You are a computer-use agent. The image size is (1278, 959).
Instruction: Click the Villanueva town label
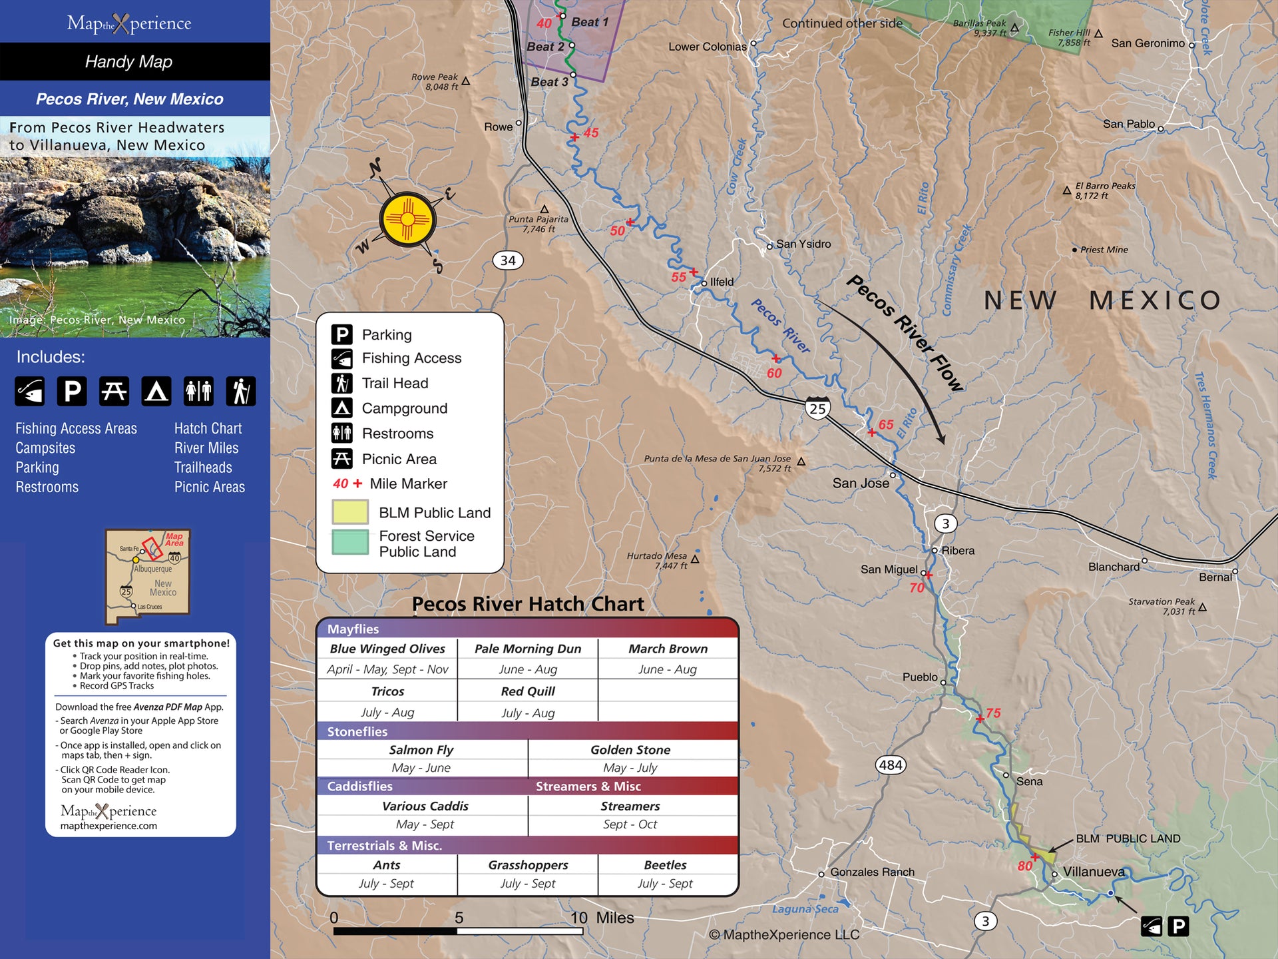point(1093,872)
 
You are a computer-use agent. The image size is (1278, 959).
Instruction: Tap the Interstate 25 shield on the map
point(817,408)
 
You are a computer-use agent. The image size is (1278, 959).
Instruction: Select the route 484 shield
point(891,765)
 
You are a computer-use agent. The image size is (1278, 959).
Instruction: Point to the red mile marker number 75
point(993,713)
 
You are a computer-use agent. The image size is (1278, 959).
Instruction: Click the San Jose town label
point(860,483)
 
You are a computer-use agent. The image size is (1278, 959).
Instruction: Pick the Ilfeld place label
point(722,282)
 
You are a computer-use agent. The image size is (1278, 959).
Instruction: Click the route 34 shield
point(508,260)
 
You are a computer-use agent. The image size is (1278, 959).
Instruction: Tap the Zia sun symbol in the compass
point(407,220)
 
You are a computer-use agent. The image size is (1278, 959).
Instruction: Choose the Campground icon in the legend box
point(342,408)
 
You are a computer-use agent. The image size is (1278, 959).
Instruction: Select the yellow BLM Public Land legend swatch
point(350,512)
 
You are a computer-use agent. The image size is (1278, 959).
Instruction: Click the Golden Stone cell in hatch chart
point(630,750)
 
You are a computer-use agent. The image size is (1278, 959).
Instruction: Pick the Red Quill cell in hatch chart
point(528,691)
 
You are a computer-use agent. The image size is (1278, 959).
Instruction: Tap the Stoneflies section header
point(357,731)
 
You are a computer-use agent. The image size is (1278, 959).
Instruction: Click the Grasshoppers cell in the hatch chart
point(528,865)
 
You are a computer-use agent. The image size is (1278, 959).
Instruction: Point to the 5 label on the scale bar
point(459,918)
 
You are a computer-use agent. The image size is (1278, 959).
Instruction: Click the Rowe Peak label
point(435,81)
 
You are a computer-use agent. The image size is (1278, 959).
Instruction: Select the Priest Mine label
point(1104,250)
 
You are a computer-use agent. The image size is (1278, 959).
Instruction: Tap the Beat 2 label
point(545,47)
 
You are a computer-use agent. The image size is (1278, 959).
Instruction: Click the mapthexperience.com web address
point(108,826)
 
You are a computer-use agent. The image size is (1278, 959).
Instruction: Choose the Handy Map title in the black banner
point(128,62)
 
